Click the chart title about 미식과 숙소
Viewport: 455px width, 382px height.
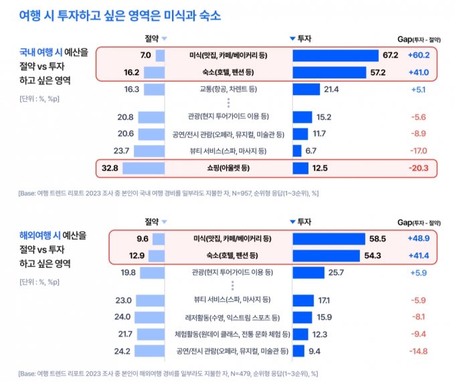121,15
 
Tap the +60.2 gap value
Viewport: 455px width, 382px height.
418,55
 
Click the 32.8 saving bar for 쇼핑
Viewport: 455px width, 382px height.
143,168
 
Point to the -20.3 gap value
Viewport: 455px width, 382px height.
418,168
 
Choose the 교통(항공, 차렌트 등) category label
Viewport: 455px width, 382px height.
229,89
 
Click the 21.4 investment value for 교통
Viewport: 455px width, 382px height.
332,89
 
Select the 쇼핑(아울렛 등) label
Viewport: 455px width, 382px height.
229,168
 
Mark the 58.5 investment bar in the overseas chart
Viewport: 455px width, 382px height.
329,238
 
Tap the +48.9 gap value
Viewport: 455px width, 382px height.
418,238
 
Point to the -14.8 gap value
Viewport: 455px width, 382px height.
418,351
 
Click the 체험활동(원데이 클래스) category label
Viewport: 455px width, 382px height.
229,334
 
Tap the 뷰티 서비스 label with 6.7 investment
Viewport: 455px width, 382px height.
229,151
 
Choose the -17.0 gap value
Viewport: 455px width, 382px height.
418,151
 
